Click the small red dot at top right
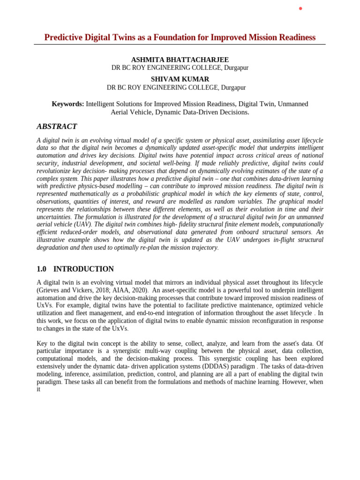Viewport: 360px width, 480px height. tap(300, 8)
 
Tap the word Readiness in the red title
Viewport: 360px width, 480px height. tap(295, 37)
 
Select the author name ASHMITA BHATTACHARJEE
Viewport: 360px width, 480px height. tap(180, 60)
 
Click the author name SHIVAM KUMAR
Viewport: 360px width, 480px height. tap(180, 79)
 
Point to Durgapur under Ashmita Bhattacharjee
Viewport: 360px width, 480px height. tap(236, 68)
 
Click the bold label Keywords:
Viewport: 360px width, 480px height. tap(68, 104)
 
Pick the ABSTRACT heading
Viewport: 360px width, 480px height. tap(57, 127)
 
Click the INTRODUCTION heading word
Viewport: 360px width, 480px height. tap(83, 269)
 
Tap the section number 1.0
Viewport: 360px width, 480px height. tap(42, 269)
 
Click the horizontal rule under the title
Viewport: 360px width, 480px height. tap(180, 45)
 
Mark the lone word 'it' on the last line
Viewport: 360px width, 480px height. tap(39, 389)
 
